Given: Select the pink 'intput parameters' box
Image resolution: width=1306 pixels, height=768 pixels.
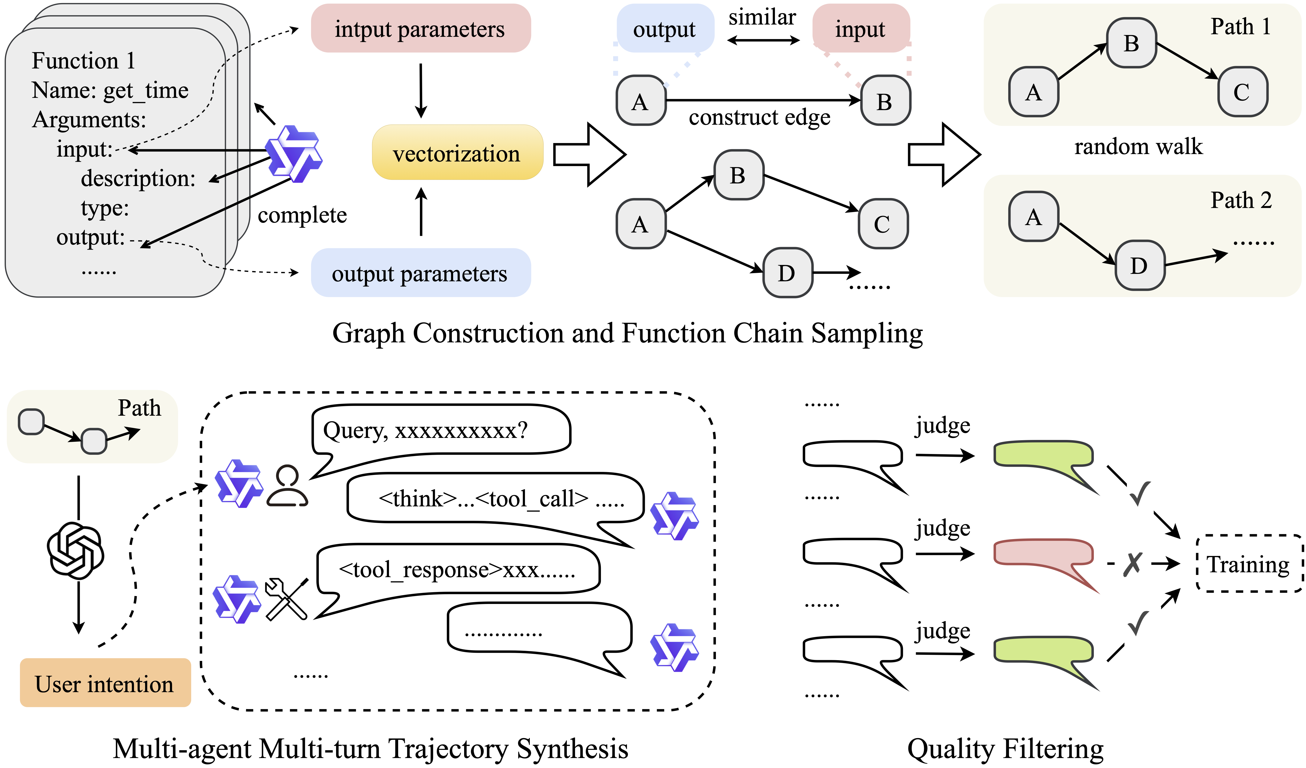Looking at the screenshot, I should pyautogui.click(x=420, y=29).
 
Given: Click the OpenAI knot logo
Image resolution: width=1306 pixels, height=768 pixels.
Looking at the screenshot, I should pyautogui.click(x=76, y=550).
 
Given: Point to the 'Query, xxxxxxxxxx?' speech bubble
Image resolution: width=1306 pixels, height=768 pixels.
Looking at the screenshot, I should pyautogui.click(x=441, y=430).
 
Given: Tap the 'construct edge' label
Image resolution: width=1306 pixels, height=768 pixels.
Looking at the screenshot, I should pyautogui.click(x=759, y=118).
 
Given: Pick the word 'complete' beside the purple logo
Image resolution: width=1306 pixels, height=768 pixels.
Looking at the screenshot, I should pyautogui.click(x=302, y=215).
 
